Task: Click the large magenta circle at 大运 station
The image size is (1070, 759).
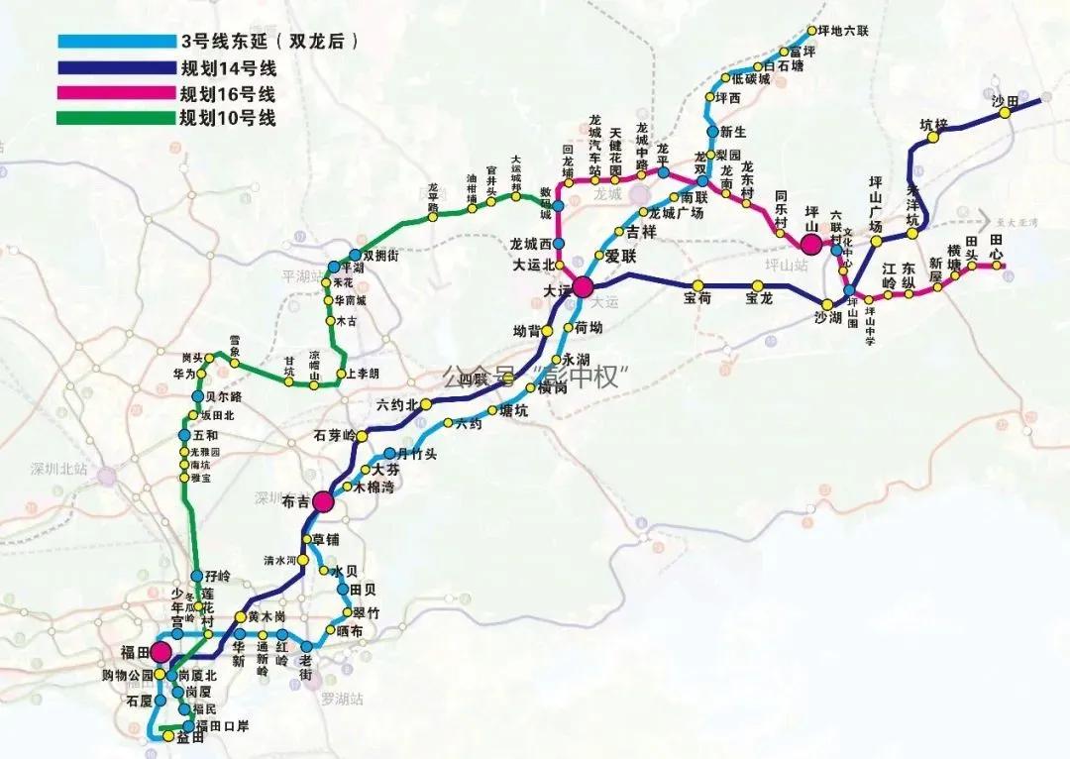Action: (582, 287)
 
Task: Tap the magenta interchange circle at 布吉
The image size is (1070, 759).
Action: (322, 502)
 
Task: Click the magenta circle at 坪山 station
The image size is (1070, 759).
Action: (811, 243)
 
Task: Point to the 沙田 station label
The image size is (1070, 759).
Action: (1005, 101)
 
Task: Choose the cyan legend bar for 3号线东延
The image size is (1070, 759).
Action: (114, 43)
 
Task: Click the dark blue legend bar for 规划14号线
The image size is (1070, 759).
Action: (114, 68)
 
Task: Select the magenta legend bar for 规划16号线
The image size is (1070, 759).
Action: (114, 94)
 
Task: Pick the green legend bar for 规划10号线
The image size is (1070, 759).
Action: (114, 119)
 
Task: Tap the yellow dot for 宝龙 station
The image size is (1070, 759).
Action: (752, 286)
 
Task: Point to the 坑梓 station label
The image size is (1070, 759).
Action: (933, 126)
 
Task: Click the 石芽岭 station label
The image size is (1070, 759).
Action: (333, 435)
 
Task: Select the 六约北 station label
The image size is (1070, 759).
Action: (396, 404)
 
